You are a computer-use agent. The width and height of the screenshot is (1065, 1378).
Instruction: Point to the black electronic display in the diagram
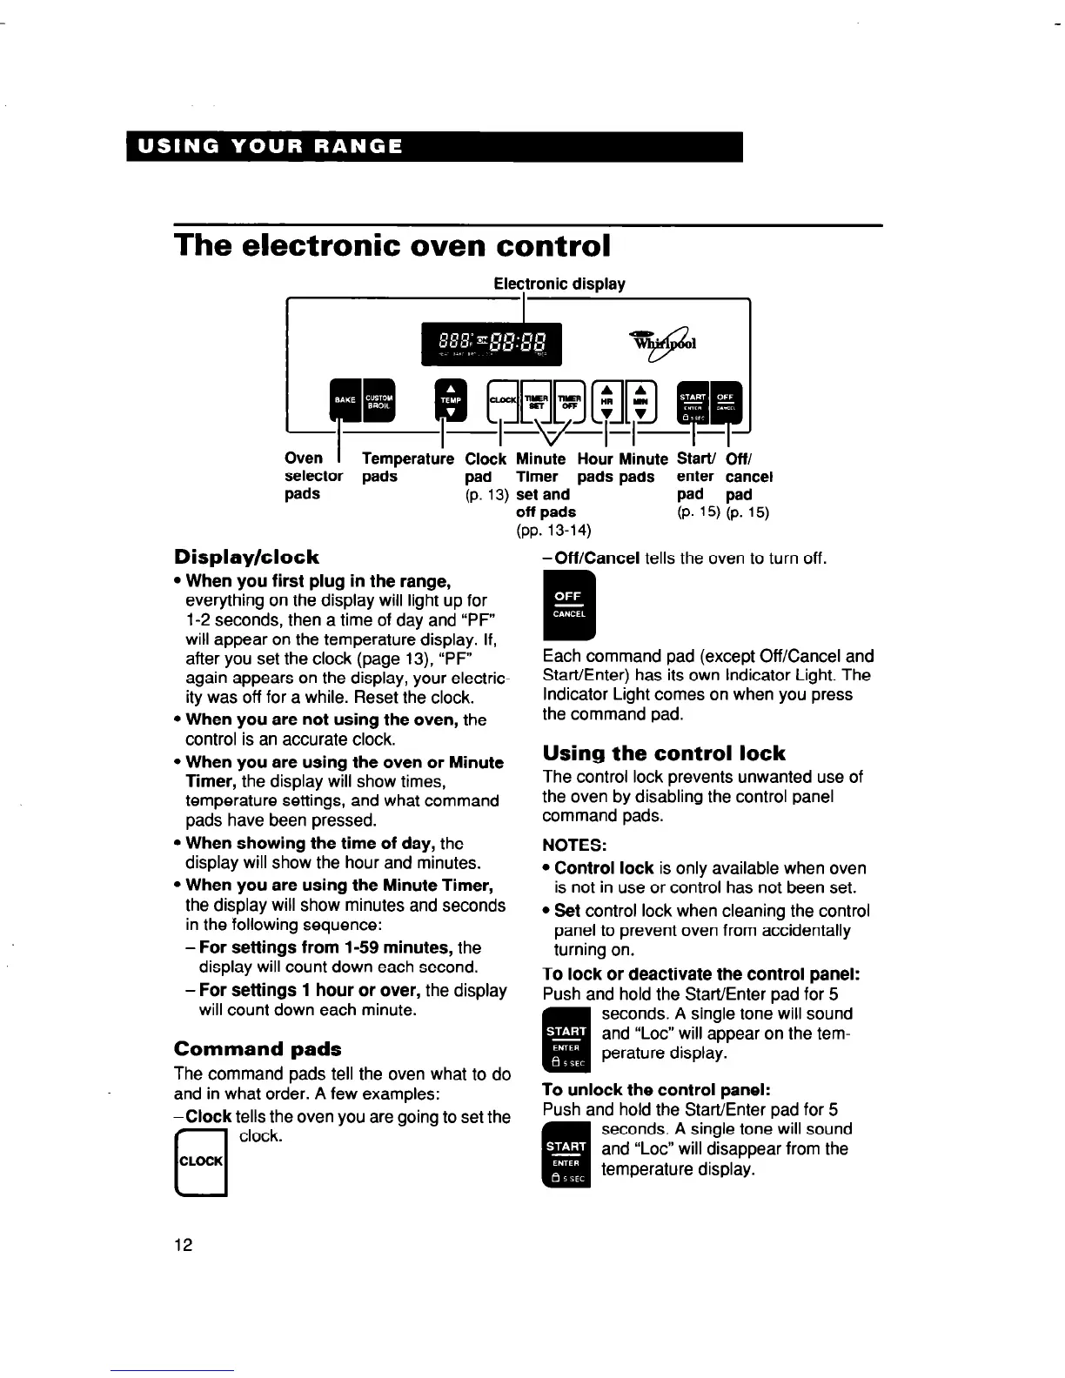tap(492, 344)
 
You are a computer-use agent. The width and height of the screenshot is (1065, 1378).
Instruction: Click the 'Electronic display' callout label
tap(559, 284)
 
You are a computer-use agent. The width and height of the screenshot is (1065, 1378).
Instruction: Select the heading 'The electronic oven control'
tap(392, 245)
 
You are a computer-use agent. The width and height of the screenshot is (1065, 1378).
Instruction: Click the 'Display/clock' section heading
tap(246, 557)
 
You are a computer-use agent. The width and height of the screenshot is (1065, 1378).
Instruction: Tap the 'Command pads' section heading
tap(258, 1048)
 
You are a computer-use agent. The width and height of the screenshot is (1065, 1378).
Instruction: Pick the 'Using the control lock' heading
tap(663, 753)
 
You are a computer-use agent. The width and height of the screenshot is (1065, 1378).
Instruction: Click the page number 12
tap(183, 1245)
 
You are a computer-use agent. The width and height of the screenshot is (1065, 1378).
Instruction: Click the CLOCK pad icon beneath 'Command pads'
tap(201, 1161)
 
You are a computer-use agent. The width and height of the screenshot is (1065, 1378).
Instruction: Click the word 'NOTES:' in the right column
tap(574, 845)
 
